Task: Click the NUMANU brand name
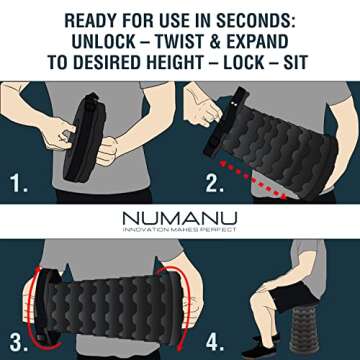[179, 217]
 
